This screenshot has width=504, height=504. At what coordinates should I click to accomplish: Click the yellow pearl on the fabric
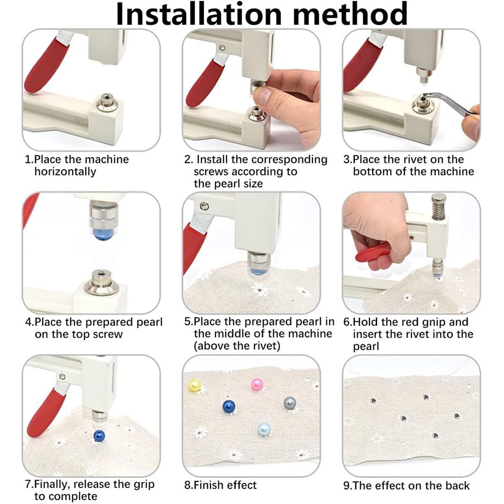pyautogui.click(x=194, y=386)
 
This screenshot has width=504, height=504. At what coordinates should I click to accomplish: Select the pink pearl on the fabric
pyautogui.click(x=257, y=384)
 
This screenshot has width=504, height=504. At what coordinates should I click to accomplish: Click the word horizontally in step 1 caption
pyautogui.click(x=66, y=172)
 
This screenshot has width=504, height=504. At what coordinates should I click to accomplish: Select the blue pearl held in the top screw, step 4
pyautogui.click(x=103, y=234)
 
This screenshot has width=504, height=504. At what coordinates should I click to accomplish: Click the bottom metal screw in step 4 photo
pyautogui.click(x=101, y=284)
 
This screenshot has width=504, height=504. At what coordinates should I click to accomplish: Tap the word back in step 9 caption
pyautogui.click(x=457, y=478)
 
